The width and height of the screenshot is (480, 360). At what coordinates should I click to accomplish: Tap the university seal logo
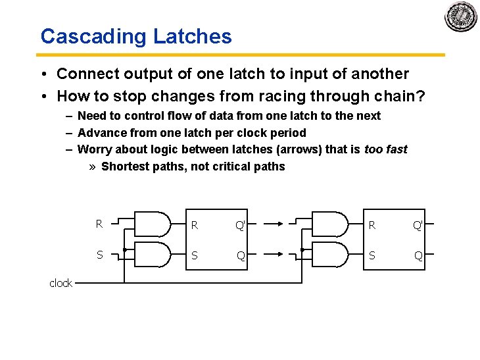click(460, 16)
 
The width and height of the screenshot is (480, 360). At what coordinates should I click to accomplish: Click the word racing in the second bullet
click(256, 96)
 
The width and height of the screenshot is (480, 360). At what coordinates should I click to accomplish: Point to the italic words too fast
click(386, 149)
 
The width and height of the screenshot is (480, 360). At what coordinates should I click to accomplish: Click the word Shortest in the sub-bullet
click(125, 167)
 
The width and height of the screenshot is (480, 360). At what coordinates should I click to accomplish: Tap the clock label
click(60, 283)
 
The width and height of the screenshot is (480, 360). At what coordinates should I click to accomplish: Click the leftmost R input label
click(99, 224)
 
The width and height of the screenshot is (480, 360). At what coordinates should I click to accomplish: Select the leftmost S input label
click(99, 255)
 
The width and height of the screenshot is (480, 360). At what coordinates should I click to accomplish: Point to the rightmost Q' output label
click(418, 225)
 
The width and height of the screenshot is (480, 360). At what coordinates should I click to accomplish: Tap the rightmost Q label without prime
click(418, 255)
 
